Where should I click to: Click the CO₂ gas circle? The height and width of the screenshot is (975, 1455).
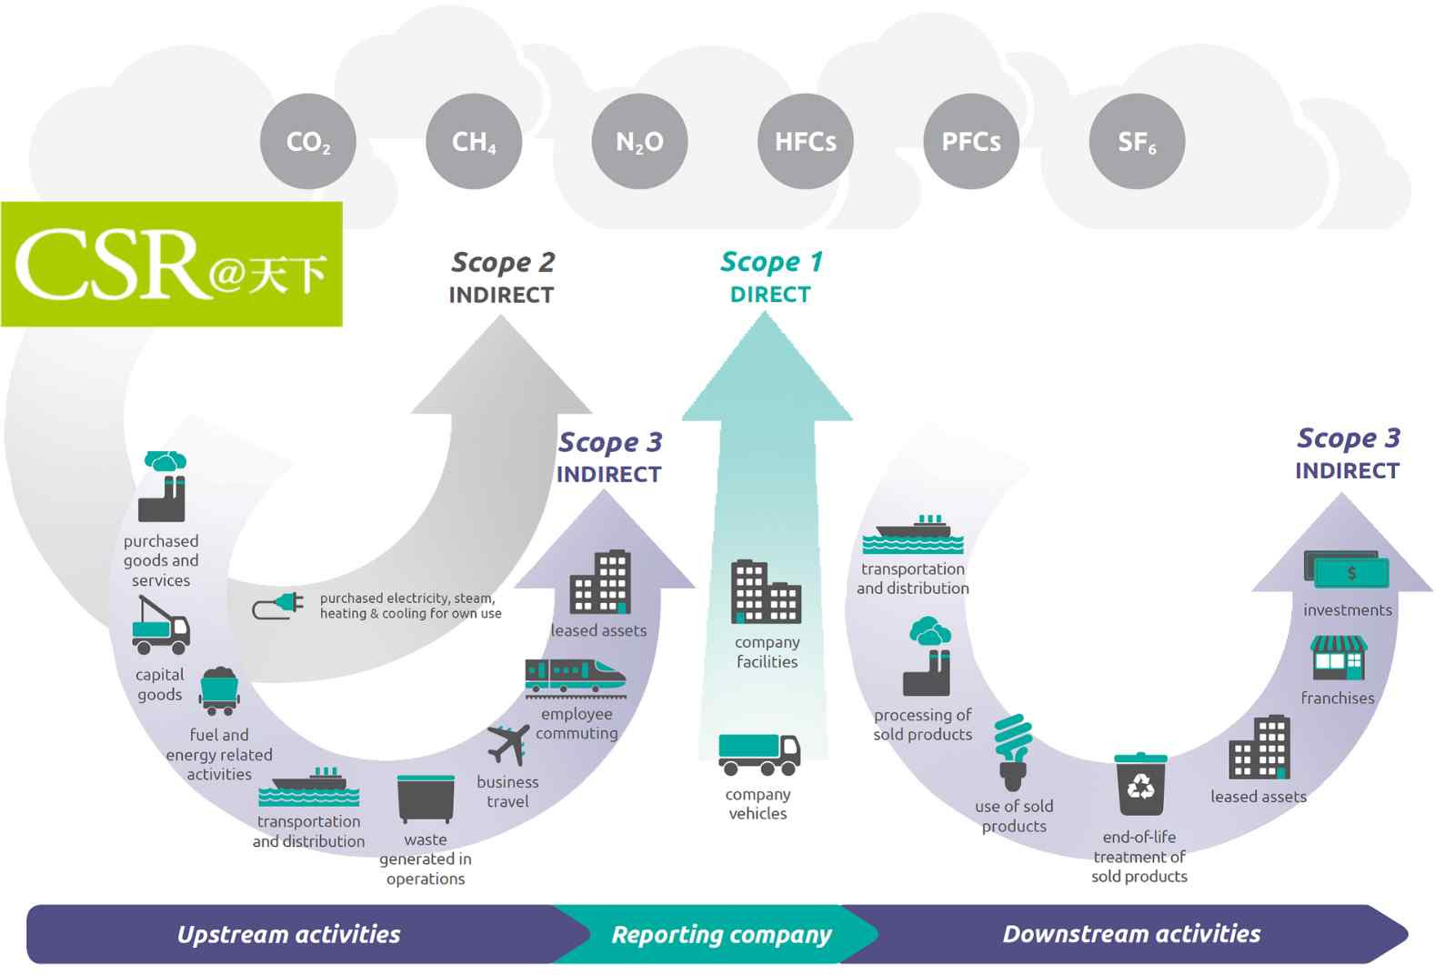click(308, 141)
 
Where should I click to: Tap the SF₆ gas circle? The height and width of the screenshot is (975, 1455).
click(1137, 141)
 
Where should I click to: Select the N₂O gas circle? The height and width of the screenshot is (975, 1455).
click(639, 141)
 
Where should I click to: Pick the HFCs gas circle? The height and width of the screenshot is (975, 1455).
click(806, 141)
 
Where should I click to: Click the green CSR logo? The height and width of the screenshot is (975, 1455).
click(172, 264)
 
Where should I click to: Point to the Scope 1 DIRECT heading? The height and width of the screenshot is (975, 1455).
click(771, 277)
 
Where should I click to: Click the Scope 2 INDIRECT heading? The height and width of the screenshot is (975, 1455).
click(502, 277)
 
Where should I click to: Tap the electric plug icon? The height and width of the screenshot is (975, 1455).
click(278, 606)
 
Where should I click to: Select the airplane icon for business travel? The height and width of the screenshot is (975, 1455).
click(508, 744)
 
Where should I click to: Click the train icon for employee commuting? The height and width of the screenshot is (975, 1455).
click(576, 678)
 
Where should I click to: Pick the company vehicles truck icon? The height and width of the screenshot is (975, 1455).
click(759, 754)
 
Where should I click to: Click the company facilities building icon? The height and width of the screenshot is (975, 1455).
click(766, 592)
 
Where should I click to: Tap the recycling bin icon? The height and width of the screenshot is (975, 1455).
click(1140, 784)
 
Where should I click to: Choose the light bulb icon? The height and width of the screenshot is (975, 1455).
click(1013, 752)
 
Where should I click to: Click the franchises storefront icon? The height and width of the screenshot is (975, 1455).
click(1338, 658)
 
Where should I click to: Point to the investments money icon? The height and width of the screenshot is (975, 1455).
click(1346, 569)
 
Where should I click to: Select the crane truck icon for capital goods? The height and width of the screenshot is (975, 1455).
click(160, 625)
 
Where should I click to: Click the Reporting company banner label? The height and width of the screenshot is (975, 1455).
click(721, 934)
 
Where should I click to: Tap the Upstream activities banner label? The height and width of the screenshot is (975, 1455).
click(288, 934)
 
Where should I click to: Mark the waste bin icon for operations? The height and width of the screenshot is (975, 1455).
click(426, 799)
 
